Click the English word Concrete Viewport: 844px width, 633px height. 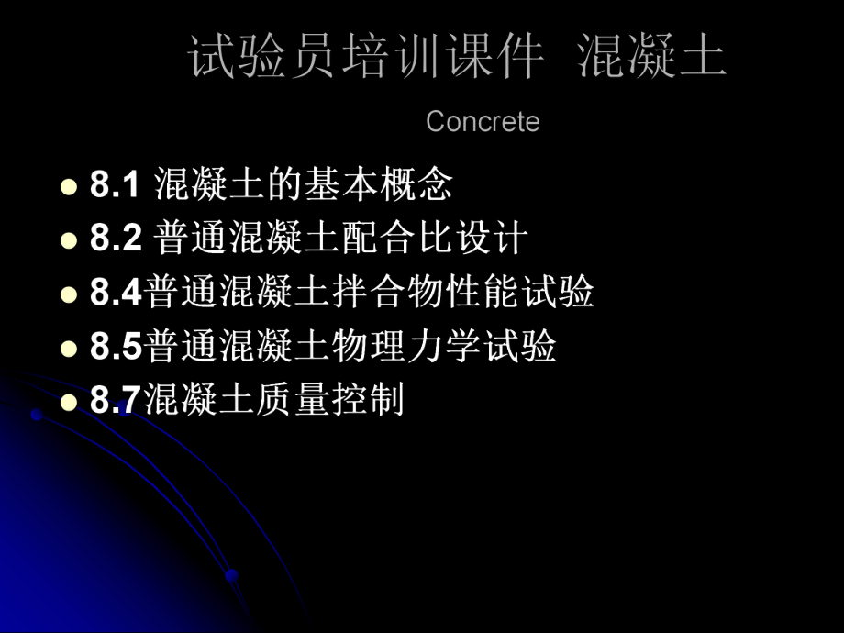pos(483,122)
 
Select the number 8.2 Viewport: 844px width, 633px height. pos(116,239)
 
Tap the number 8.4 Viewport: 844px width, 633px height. pos(116,293)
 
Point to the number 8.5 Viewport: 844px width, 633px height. pos(116,347)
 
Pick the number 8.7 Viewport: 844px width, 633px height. pos(116,401)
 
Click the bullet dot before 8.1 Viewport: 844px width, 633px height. pos(67,187)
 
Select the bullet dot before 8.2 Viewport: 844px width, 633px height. pos(67,240)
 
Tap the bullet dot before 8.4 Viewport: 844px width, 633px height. pos(67,294)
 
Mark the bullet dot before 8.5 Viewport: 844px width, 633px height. pos(67,349)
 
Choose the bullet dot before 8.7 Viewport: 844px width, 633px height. pos(67,402)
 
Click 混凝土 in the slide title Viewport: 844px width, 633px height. pos(652,57)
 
